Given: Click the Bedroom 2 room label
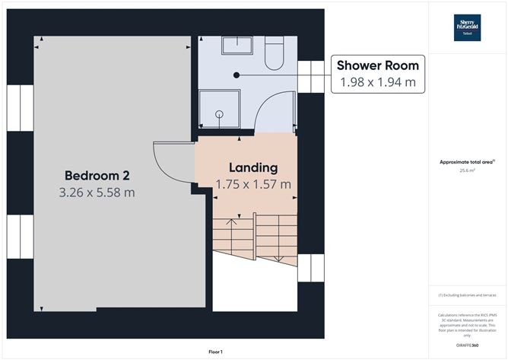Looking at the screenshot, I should (97, 174).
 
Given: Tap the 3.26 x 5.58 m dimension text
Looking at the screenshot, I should (97, 193).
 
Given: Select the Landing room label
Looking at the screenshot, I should (253, 167).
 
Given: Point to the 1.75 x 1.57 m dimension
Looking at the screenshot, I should (253, 184).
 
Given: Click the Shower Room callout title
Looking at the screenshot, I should (379, 65).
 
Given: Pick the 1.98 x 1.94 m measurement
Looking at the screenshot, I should (379, 83).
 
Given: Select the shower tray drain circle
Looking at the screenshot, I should (219, 114).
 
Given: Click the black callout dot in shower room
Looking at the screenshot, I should (237, 75).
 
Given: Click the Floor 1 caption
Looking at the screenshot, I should (216, 352).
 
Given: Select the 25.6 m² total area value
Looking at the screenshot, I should (467, 170).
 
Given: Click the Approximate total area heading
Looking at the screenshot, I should (467, 161).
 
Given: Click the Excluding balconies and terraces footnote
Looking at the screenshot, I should (467, 295).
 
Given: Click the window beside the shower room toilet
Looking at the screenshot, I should (310, 75).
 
